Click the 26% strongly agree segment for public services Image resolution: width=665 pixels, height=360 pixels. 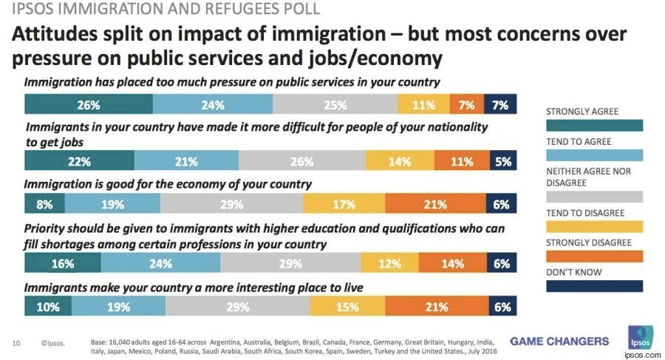pyautogui.click(x=89, y=104)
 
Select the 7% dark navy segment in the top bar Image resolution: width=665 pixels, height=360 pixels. pyautogui.click(x=500, y=104)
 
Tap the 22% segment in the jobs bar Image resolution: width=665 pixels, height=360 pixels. pyautogui.click(x=79, y=160)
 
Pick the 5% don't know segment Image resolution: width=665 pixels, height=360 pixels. pyautogui.click(x=503, y=160)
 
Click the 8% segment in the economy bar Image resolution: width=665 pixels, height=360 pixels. pyautogui.click(x=44, y=203)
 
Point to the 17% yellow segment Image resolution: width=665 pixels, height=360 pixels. pyautogui.click(x=344, y=203)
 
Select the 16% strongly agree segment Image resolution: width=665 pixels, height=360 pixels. pyautogui.click(x=63, y=262)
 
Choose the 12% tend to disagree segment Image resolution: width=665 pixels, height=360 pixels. pyautogui.click(x=389, y=262)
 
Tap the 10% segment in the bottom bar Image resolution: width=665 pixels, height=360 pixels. pyautogui.click(x=48, y=305)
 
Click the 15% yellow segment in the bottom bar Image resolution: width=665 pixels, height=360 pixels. pyautogui.click(x=347, y=305)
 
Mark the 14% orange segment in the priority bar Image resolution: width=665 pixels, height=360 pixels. pyautogui.click(x=453, y=262)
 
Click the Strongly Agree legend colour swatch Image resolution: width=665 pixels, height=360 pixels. pyautogui.click(x=594, y=126)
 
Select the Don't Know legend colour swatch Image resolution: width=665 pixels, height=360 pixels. pyautogui.click(x=594, y=286)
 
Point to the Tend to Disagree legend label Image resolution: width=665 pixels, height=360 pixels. pyautogui.click(x=585, y=213)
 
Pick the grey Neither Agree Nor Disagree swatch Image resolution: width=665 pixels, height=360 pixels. pyautogui.click(x=594, y=197)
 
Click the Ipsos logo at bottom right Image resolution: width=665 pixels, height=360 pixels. pyautogui.click(x=641, y=338)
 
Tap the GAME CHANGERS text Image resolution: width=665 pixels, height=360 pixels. pyautogui.click(x=559, y=342)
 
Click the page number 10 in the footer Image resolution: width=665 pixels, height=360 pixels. pyautogui.click(x=16, y=343)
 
